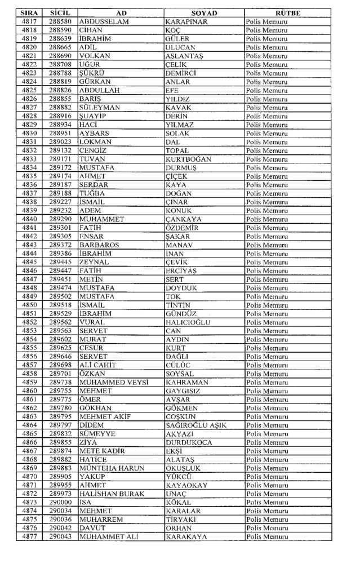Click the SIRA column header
click(30, 13)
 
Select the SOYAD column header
click(204, 13)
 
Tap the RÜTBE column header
click(288, 13)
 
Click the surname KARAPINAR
click(187, 21)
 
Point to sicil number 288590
click(60, 30)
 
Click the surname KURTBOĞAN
click(188, 159)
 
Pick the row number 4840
click(30, 219)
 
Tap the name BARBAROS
click(99, 245)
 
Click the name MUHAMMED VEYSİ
click(113, 382)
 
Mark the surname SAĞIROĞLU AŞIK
click(196, 425)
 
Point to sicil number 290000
click(60, 502)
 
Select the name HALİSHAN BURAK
click(112, 494)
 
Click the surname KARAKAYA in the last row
click(186, 536)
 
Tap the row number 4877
click(30, 536)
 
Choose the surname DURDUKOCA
click(189, 442)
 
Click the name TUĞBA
click(92, 193)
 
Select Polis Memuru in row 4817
click(266, 21)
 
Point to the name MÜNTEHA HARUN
click(112, 468)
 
